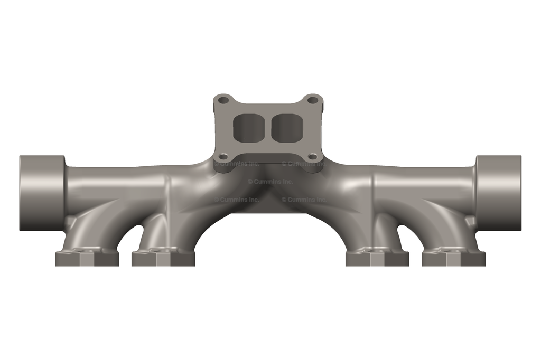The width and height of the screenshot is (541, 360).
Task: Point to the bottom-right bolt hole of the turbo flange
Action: click(x=312, y=156)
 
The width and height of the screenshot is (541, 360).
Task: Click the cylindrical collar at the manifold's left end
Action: click(x=41, y=193)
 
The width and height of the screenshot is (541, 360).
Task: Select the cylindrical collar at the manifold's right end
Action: click(x=498, y=193)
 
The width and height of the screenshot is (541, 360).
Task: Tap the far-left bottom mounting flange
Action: click(x=87, y=258)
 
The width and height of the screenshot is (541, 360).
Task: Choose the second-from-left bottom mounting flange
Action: click(x=163, y=258)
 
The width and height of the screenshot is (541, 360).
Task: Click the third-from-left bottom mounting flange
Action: click(x=377, y=258)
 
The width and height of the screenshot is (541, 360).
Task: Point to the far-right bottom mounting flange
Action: click(x=453, y=258)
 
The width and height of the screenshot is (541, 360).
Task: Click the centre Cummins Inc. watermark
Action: click(x=270, y=182)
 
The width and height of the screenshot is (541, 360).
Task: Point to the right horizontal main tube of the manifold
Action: click(x=423, y=182)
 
